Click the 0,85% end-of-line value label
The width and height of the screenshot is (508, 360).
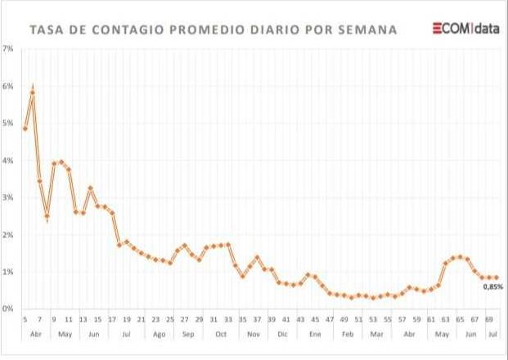[492, 287]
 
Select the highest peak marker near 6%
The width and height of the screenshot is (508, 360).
[32, 92]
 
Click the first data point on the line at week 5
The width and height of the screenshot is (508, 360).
[25, 128]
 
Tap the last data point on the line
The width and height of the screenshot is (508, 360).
[497, 277]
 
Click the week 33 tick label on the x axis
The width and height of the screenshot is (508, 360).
[228, 319]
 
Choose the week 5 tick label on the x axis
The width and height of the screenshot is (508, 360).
[25, 319]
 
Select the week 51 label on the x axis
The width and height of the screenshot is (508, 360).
[358, 319]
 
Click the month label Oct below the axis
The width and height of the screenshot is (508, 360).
[220, 334]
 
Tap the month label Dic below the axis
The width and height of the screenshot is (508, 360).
[282, 334]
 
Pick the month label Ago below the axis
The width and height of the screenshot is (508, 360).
[159, 334]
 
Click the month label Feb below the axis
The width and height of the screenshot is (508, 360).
[347, 334]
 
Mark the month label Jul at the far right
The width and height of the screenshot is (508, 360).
[492, 334]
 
